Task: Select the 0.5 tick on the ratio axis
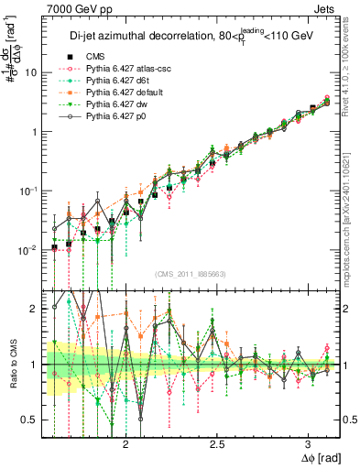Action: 31,420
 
